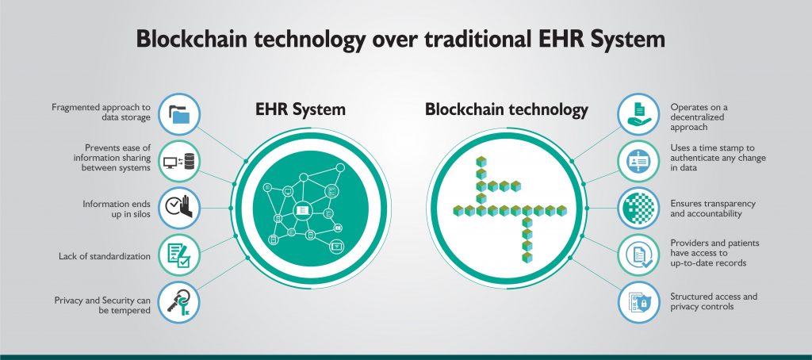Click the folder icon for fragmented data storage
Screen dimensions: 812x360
pos(179,114)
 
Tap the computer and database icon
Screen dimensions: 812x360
pos(179,162)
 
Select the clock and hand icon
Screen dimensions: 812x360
pos(179,209)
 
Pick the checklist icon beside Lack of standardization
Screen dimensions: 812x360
pos(179,255)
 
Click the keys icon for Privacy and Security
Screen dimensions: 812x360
pos(179,302)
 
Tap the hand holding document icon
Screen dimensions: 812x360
pos(638,114)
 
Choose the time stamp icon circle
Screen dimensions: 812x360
pos(638,162)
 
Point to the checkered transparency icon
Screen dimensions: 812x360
pos(638,209)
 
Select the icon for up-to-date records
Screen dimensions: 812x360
pos(638,255)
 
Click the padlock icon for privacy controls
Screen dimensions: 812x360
pos(638,302)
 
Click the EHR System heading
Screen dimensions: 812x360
pos(301,109)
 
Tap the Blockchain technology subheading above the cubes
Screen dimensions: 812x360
pos(507,109)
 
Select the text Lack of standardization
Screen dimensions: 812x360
pos(105,256)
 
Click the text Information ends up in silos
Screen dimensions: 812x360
pos(117,209)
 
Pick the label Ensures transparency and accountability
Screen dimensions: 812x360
pos(713,209)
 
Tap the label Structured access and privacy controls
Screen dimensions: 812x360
pos(714,301)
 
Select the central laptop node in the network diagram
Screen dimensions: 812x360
pos(302,210)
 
